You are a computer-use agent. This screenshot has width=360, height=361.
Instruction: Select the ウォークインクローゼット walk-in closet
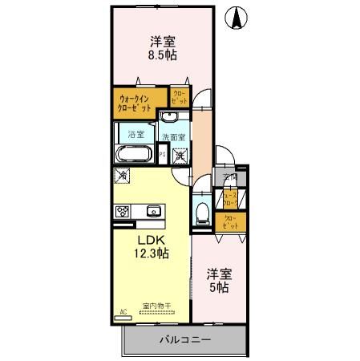pos(140,103)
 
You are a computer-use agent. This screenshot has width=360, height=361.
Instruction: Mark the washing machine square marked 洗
pos(178,154)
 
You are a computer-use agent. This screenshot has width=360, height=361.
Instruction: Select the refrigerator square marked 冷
pos(123,174)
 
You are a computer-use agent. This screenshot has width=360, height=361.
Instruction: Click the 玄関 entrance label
pos(231,178)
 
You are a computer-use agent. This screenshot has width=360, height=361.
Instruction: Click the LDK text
pos(151,240)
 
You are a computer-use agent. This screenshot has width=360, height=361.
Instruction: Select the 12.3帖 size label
pos(151,254)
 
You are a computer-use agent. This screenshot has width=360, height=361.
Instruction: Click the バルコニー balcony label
pos(184,339)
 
